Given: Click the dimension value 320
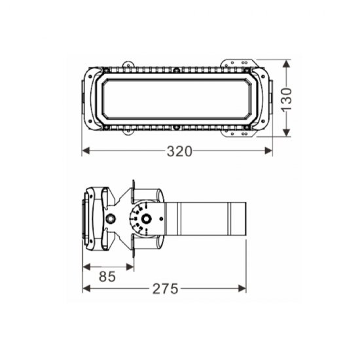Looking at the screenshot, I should click(179, 151).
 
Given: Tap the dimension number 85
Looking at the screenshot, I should click(108, 276).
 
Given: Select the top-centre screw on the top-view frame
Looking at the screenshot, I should click(175, 70).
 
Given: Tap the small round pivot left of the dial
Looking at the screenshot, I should click(111, 218).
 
